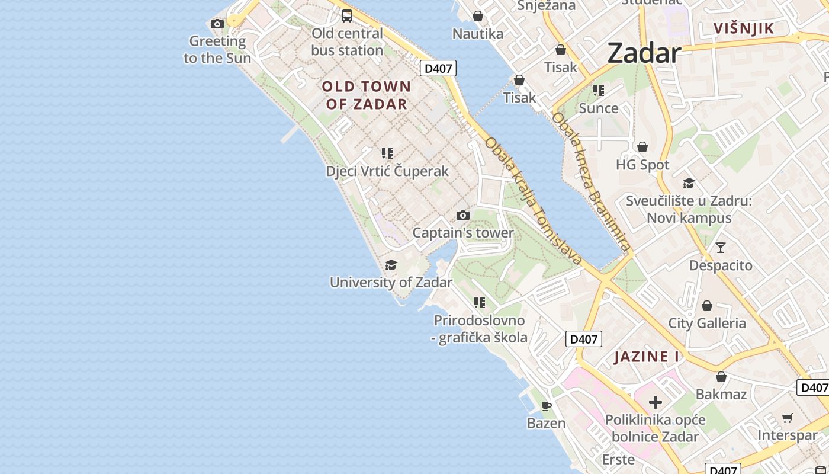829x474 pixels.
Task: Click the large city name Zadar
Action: [x=644, y=53]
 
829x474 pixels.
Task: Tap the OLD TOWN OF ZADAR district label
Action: [x=367, y=95]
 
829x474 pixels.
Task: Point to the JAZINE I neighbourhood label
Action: [x=647, y=357]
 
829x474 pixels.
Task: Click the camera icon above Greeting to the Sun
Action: [x=217, y=24]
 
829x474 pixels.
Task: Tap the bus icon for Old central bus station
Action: [x=347, y=16]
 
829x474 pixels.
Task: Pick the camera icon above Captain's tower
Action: [x=463, y=216]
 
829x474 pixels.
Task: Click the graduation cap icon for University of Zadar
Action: [x=391, y=265]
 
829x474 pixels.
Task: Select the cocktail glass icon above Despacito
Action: [x=720, y=248]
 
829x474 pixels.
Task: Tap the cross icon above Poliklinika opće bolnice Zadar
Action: [x=655, y=403]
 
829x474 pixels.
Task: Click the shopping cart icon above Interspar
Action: [x=787, y=418]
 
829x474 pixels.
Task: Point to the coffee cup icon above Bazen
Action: [x=547, y=406]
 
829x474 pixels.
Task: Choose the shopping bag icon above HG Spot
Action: [x=642, y=147]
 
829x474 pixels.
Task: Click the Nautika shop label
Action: [x=478, y=34]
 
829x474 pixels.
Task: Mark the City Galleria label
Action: [x=707, y=323]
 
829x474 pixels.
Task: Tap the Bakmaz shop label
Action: [x=721, y=394]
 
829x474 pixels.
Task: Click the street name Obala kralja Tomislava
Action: [x=534, y=201]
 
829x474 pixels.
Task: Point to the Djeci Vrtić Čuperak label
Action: [x=387, y=171]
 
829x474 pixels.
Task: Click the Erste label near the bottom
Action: [x=618, y=459]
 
